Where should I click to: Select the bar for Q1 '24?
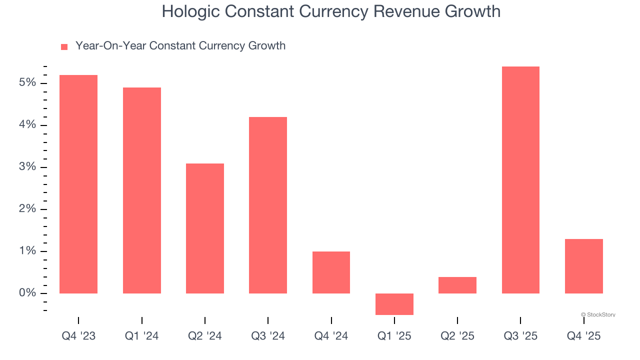(x=141, y=190)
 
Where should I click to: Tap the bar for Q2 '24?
(x=205, y=228)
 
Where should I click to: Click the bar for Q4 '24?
(x=331, y=272)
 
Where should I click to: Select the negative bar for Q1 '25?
(x=394, y=304)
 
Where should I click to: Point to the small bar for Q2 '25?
(x=457, y=285)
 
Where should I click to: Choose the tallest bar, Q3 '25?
(x=520, y=180)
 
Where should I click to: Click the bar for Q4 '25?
(x=583, y=266)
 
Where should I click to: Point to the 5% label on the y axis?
(x=27, y=82)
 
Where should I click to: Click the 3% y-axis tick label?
(x=27, y=166)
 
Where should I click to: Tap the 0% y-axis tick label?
(x=27, y=293)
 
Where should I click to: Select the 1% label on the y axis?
(x=27, y=251)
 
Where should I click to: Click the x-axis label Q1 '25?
(x=394, y=336)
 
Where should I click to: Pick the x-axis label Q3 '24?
(x=268, y=336)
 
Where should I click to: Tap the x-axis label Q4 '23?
(x=78, y=336)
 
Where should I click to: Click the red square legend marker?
(x=64, y=47)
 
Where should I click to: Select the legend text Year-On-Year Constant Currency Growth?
(x=180, y=46)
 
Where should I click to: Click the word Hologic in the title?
(x=189, y=11)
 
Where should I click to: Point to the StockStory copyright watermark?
(x=598, y=314)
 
